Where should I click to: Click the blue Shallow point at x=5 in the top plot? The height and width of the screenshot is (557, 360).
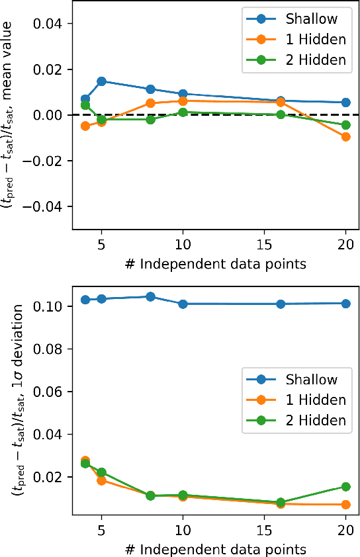pyautogui.click(x=101, y=81)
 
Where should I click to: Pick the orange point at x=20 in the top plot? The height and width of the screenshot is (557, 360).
pyautogui.click(x=345, y=137)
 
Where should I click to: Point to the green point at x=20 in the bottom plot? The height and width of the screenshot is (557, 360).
pyautogui.click(x=345, y=487)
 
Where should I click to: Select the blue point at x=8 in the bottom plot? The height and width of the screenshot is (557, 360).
pyautogui.click(x=150, y=296)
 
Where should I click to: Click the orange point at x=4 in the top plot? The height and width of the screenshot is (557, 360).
pyautogui.click(x=85, y=126)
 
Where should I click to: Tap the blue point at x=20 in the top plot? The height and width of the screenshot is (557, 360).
pyautogui.click(x=345, y=103)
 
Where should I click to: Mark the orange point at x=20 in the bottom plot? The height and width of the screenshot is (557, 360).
pyautogui.click(x=345, y=505)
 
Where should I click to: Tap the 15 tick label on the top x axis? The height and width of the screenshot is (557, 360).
pyautogui.click(x=264, y=243)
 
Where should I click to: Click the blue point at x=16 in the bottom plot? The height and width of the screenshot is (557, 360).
pyautogui.click(x=281, y=304)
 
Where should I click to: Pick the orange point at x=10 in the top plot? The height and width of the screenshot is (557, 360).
pyautogui.click(x=183, y=101)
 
